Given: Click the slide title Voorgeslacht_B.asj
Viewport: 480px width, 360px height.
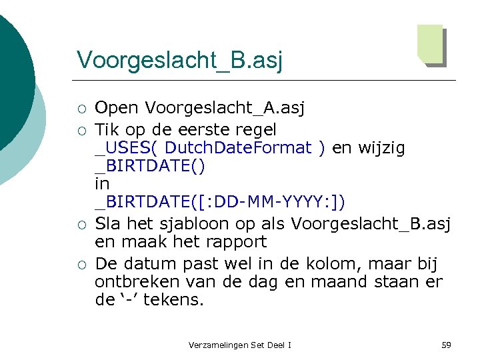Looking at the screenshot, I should point(179,59).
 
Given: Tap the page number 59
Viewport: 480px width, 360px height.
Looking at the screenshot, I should point(446,345).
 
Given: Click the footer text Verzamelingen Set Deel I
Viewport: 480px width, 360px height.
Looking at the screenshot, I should point(240,345).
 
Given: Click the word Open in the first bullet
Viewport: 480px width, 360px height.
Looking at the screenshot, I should point(117,108).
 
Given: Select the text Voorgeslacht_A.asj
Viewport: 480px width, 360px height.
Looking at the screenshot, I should point(224,108).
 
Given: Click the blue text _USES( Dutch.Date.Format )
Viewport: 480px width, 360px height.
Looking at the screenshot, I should point(210,147).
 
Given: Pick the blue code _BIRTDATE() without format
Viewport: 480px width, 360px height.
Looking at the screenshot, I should point(150,166).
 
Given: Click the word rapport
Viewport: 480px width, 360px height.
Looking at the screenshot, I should point(236,241).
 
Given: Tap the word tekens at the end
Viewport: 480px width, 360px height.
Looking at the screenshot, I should point(174,299).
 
